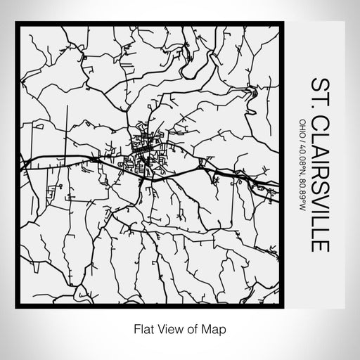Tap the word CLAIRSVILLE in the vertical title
click(x=321, y=184)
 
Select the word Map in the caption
click(x=217, y=328)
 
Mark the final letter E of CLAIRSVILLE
click(x=321, y=248)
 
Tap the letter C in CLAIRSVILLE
click(x=321, y=122)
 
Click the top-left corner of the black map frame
click(x=17, y=24)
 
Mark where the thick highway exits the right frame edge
click(x=279, y=188)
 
